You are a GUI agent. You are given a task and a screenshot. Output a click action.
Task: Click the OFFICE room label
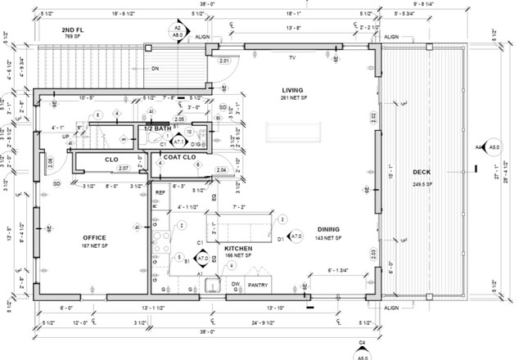pos(94,238)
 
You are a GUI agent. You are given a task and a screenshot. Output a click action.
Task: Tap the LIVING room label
pos(293,91)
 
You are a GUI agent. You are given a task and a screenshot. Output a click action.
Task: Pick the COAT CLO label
pos(178,156)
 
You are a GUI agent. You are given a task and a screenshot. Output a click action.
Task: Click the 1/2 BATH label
pos(158,129)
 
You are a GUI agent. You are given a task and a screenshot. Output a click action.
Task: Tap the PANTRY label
pos(258,285)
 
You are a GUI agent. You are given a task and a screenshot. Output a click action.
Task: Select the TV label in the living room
pos(291,58)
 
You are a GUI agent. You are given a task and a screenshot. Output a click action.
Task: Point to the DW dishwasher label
pos(235,285)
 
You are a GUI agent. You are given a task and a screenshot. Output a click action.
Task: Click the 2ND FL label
pos(74,29)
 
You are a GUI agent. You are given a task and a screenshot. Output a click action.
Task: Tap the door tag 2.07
pos(124,169)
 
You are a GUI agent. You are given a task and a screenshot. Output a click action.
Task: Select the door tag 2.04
pos(221,169)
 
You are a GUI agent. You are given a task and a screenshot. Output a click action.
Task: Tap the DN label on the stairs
pos(155,68)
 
